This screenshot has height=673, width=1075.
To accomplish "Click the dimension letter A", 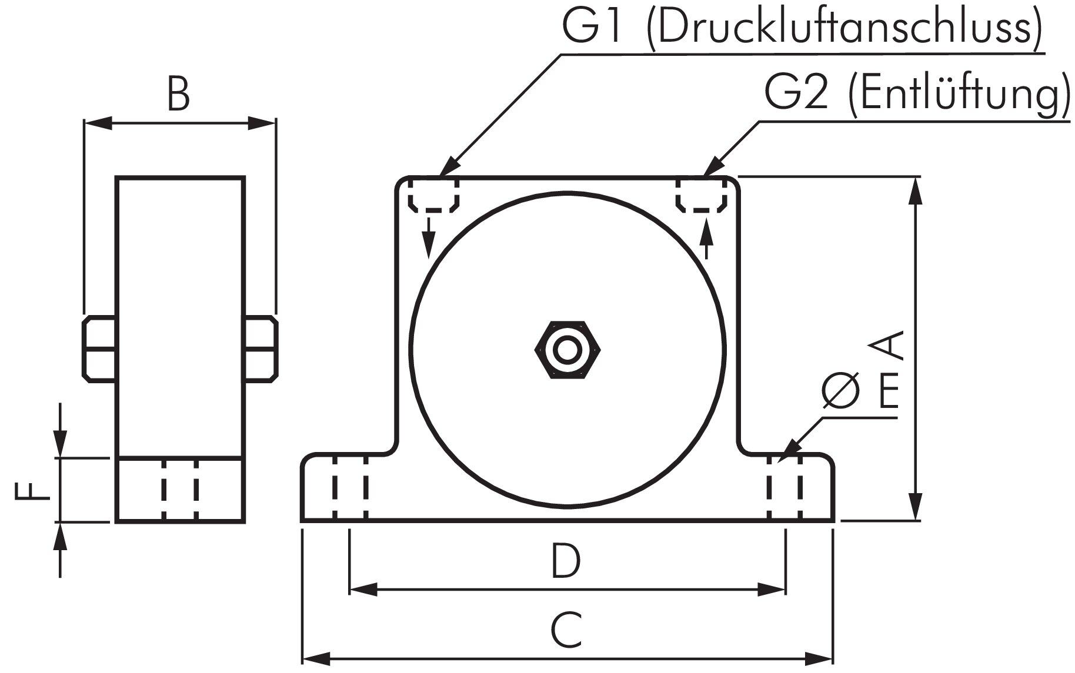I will click(x=887, y=346).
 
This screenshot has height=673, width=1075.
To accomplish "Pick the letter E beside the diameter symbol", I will click(x=888, y=393).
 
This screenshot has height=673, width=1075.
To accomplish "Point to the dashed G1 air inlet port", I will click(x=433, y=195).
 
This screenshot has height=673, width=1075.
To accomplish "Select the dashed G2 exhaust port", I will click(x=701, y=195).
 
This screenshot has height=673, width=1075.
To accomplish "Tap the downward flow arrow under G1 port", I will click(x=429, y=239).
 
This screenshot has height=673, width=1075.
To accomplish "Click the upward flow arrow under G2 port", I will click(x=707, y=238).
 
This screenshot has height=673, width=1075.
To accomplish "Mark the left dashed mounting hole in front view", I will click(x=350, y=487).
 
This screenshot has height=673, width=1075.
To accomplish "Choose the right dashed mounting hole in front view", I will click(x=784, y=487).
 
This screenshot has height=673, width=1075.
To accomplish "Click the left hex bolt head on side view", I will click(x=99, y=349).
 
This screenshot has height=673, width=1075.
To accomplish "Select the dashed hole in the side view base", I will click(x=179, y=489).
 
